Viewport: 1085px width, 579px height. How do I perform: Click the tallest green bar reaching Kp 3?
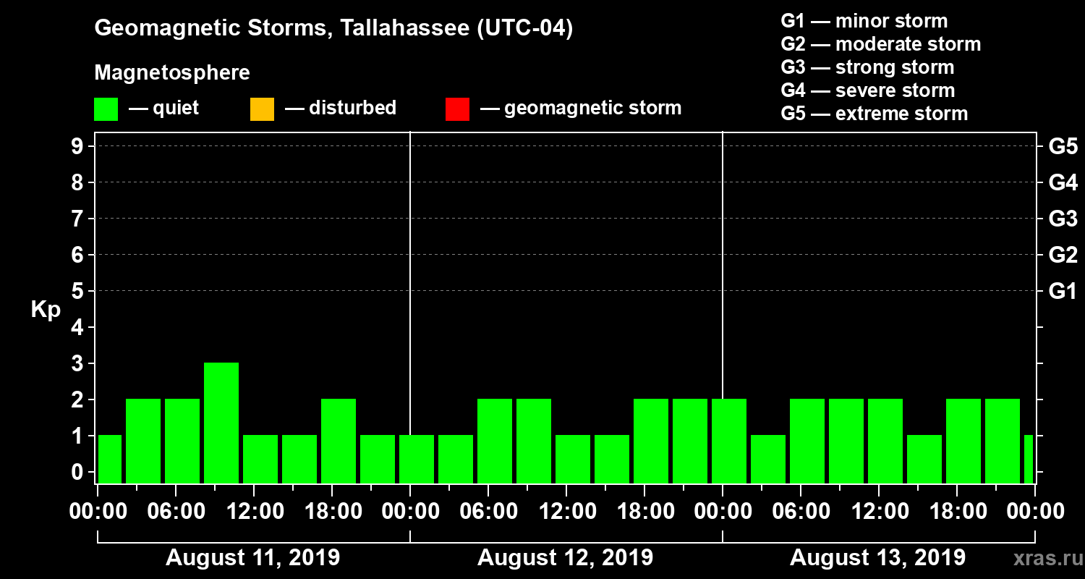221,423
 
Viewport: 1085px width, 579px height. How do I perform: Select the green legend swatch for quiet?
106,109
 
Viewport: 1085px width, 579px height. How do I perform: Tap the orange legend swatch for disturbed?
262,109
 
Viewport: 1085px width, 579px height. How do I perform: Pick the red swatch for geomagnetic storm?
457,109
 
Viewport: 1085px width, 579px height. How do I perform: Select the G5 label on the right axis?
1063,146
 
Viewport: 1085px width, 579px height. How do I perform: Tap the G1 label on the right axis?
1063,291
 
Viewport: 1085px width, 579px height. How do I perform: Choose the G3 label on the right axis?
1063,219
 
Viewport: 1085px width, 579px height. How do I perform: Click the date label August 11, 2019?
253,558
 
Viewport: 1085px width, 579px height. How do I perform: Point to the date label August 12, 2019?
565,558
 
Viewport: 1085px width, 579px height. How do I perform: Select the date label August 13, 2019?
877,558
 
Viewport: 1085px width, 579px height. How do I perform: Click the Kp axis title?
46,310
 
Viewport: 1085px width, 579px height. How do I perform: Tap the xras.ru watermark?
1042,558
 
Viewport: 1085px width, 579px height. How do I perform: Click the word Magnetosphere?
172,73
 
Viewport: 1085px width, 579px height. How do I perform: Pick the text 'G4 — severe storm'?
868,90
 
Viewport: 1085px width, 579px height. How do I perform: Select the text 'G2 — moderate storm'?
881,44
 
